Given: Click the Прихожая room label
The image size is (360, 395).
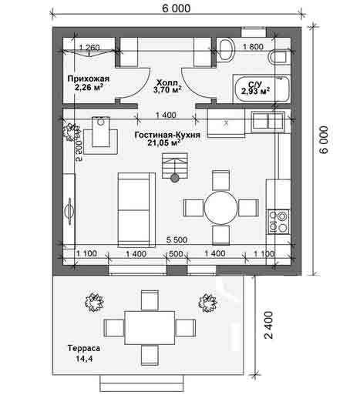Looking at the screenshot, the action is coord(89,79).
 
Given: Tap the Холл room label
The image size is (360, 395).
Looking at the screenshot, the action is coord(167,83).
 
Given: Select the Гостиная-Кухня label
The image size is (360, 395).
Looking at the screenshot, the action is coord(167,135).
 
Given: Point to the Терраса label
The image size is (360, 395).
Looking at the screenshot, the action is coord(84,348).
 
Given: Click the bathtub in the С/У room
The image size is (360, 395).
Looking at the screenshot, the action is coord(261,89).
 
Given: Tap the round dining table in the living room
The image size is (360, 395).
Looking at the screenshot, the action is coord(221,207).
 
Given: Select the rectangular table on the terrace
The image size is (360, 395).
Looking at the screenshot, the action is coord(150,328).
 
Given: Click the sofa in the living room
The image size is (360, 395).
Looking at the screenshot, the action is coord(136,209).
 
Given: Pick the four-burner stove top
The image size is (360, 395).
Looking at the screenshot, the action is coord(278,222).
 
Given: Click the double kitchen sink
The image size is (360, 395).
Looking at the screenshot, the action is coord(268,120).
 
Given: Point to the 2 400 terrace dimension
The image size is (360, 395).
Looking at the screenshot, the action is coord(269,325).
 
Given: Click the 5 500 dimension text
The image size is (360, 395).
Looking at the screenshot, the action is coord(177,240).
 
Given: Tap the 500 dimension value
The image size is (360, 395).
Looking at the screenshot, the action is coord(177,254).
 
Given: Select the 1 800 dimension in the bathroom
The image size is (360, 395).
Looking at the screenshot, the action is coord(253,47).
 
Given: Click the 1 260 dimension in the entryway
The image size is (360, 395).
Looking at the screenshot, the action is coord(89,48).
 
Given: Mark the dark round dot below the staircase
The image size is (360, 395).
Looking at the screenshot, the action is coord(175,178).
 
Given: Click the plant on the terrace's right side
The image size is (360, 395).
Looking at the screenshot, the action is coord(207,303).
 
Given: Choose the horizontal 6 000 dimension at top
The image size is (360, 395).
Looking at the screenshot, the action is coord(177,8).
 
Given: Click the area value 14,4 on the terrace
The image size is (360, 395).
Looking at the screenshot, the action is coord(84,359).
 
